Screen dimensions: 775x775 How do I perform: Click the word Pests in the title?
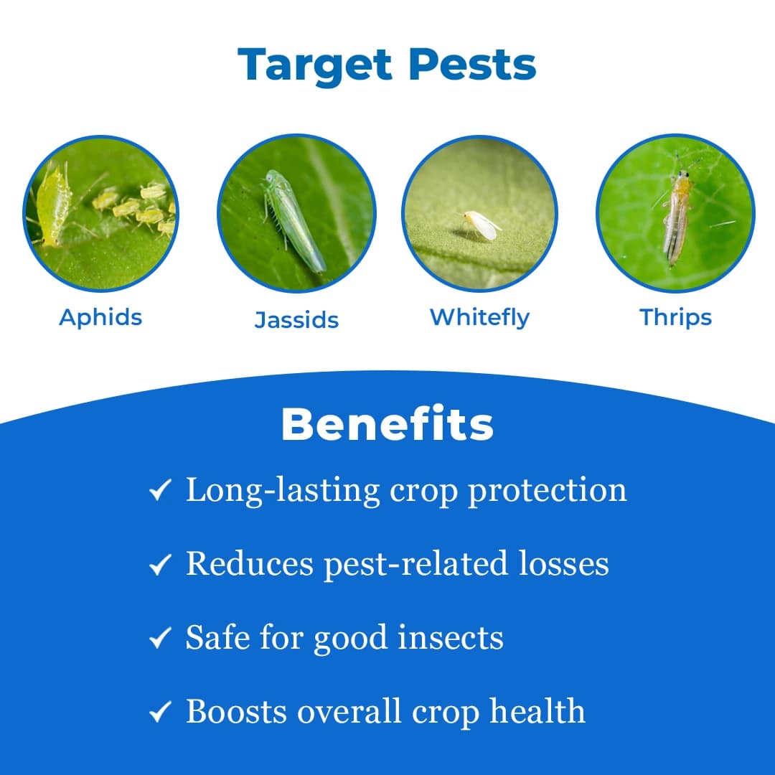[472, 66]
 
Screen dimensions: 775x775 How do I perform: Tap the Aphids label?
[100, 317]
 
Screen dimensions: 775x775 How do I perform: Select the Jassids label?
[296, 320]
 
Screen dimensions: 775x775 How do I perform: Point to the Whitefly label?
[479, 317]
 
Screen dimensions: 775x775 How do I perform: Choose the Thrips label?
[675, 317]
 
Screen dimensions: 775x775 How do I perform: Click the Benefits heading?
[387, 425]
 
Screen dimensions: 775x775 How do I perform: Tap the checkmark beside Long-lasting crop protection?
[159, 491]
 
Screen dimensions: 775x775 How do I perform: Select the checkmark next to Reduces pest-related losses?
[159, 565]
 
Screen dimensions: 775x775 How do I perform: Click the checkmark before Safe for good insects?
[159, 638]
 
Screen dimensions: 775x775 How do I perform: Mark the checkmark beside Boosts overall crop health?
[159, 713]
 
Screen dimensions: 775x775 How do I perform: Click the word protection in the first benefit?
[548, 491]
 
